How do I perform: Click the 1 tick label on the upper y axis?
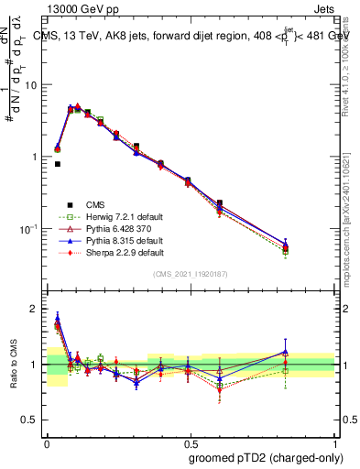(x=38, y=157)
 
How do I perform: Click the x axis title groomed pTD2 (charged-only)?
(x=263, y=457)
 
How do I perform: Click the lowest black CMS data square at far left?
(x=58, y=164)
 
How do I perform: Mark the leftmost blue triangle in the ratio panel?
(x=58, y=318)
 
